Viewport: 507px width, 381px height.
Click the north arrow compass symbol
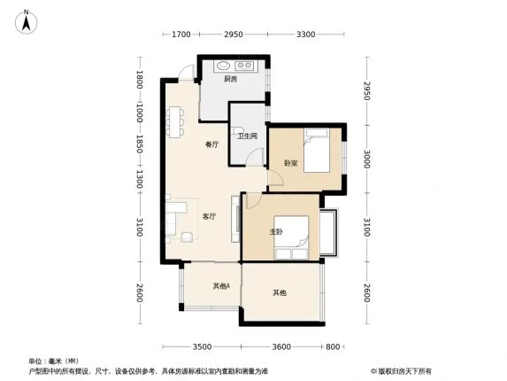pyautogui.click(x=27, y=21)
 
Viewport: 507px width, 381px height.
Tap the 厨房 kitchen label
pyautogui.click(x=231, y=79)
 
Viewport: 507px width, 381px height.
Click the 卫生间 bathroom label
pyautogui.click(x=248, y=136)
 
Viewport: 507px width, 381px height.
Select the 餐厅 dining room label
pyautogui.click(x=211, y=144)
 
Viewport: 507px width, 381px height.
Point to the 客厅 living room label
pyautogui.click(x=209, y=216)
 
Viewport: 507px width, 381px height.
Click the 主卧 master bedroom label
pyautogui.click(x=276, y=232)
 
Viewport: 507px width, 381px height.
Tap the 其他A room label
pyautogui.click(x=221, y=286)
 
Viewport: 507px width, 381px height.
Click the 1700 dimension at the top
pyautogui.click(x=181, y=34)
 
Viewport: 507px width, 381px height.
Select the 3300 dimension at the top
pyautogui.click(x=305, y=34)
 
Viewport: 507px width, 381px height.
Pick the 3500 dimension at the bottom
pyautogui.click(x=202, y=347)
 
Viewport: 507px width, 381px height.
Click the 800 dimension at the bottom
pyautogui.click(x=333, y=347)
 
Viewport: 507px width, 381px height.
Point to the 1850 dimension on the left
pyautogui.click(x=140, y=144)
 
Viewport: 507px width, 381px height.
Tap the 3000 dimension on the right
pyautogui.click(x=366, y=159)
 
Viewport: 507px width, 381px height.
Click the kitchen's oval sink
pyautogui.click(x=223, y=66)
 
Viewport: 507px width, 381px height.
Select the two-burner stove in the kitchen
pyautogui.click(x=244, y=66)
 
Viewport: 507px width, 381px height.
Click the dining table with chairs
pyautogui.click(x=175, y=122)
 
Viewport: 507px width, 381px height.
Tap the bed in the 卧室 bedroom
pyautogui.click(x=317, y=151)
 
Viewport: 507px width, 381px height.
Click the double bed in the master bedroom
pyautogui.click(x=291, y=237)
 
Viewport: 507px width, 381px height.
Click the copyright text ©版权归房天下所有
pyautogui.click(x=401, y=371)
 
